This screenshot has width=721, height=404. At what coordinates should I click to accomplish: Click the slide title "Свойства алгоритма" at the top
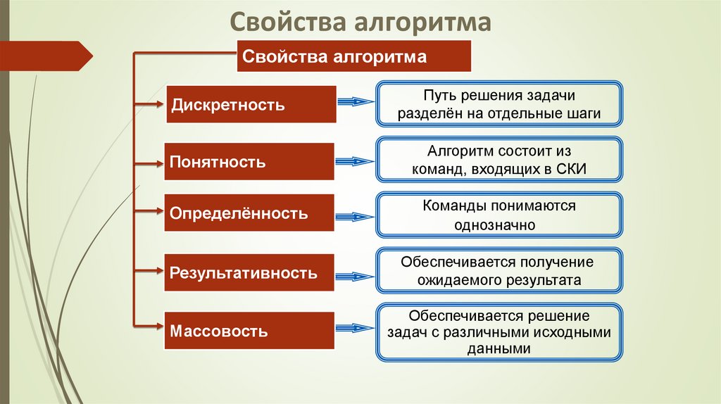click(360, 23)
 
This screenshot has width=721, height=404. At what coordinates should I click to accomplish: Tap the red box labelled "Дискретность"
click(250, 106)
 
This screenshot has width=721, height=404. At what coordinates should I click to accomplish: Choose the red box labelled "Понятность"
click(250, 162)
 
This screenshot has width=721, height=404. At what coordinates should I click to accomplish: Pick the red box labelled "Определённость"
click(250, 213)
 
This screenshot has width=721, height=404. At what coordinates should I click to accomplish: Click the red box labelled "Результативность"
click(250, 272)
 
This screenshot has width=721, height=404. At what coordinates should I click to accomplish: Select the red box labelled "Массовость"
click(250, 330)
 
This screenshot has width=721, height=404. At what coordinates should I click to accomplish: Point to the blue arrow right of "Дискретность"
click(356, 103)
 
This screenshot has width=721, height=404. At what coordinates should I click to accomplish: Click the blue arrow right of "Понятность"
click(356, 162)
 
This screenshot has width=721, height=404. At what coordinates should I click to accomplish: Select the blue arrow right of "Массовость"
click(356, 328)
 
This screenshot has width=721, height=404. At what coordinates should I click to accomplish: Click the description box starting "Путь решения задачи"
click(499, 104)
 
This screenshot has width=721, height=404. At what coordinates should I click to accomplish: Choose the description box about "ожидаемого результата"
click(499, 271)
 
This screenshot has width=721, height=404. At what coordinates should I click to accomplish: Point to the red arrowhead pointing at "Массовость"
click(159, 325)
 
